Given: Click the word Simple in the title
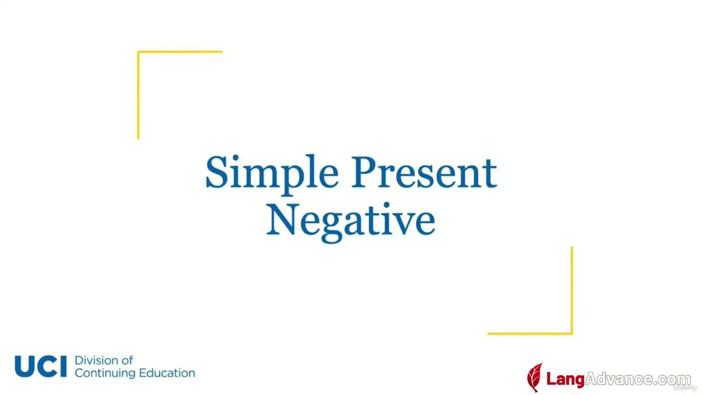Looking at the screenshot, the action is pyautogui.click(x=272, y=175).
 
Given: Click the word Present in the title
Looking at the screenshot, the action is pyautogui.click(x=424, y=172).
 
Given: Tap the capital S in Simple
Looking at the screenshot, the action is pyautogui.click(x=217, y=172).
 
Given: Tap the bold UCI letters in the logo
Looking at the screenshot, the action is pyautogui.click(x=41, y=366).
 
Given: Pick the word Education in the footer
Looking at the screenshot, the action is pyautogui.click(x=167, y=373).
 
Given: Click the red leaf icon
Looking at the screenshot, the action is pyautogui.click(x=535, y=377).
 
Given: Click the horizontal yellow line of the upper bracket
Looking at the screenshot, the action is pyautogui.click(x=180, y=52).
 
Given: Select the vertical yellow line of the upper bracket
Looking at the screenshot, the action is pyautogui.click(x=138, y=95).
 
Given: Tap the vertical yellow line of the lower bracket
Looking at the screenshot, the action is pyautogui.click(x=571, y=290).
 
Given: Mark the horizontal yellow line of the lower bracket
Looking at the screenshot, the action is pyautogui.click(x=530, y=334).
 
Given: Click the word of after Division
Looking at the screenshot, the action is pyautogui.click(x=128, y=360).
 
